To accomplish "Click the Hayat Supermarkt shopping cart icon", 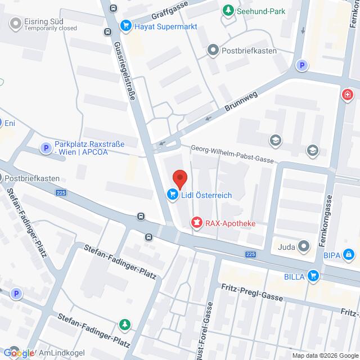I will (x=125, y=25).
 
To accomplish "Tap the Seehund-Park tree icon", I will (x=228, y=11).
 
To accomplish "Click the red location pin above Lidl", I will (x=179, y=179).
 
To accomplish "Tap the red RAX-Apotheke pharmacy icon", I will (x=196, y=223).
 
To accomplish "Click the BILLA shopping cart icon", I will (x=314, y=276).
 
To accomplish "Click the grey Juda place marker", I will (x=304, y=246).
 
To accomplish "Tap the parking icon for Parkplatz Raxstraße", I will (x=45, y=148).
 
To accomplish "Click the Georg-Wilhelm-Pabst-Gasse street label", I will (x=232, y=154).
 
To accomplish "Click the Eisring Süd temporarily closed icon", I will (x=15, y=24).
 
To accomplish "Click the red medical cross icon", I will (x=348, y=93).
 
